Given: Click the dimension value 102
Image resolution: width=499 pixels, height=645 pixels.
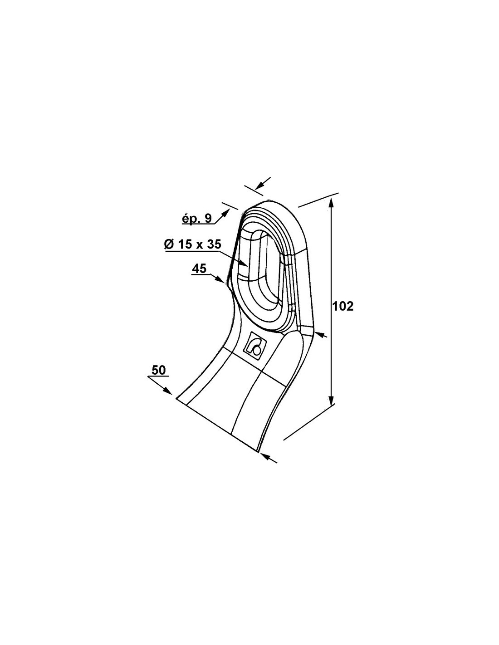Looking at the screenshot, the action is click(343, 306).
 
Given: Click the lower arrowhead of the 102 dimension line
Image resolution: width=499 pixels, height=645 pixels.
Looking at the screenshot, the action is click(332, 400).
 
